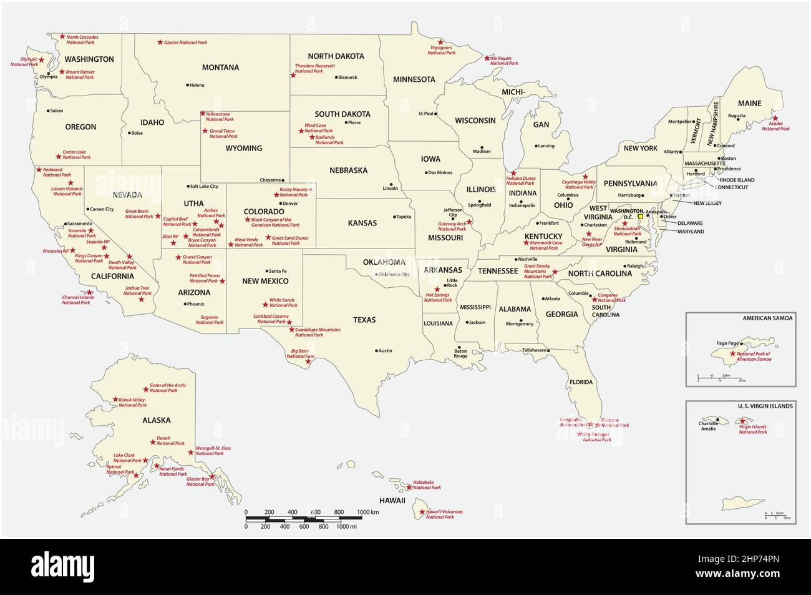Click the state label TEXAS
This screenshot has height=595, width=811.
click(364, 320)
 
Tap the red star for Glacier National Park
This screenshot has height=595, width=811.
click(160, 42)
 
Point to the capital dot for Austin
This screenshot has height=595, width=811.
click(376, 350)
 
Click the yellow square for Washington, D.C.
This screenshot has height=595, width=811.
click(639, 217)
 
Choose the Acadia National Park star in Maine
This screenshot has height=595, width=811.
click(775, 118)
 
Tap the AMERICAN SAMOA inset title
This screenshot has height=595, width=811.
click(767, 318)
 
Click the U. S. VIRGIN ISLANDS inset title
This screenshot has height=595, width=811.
click(765, 406)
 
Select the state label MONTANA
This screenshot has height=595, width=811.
click(220, 67)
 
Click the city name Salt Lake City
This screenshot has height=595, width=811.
click(204, 186)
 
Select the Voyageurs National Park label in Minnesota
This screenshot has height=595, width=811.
click(442, 51)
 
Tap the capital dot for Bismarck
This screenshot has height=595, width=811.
click(334, 77)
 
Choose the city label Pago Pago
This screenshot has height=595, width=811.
click(726, 343)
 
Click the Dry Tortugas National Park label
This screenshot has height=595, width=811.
click(596, 437)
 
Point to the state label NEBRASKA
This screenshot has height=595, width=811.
click(348, 170)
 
